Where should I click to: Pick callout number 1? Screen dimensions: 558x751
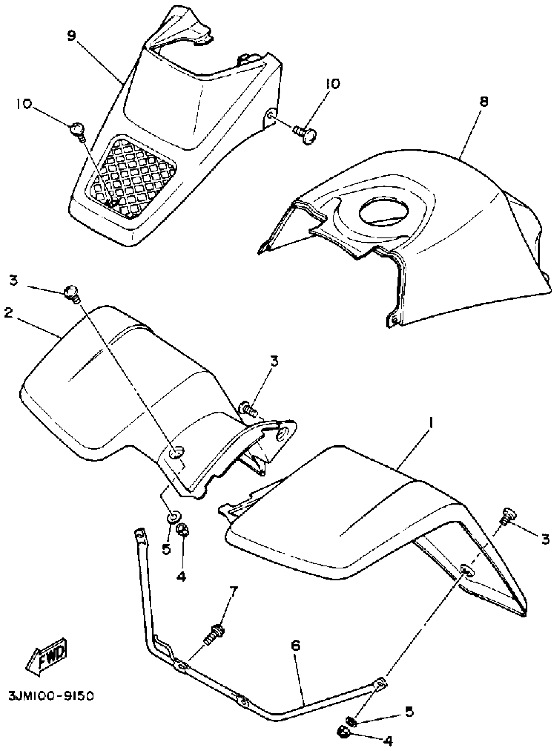coord(431,423)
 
